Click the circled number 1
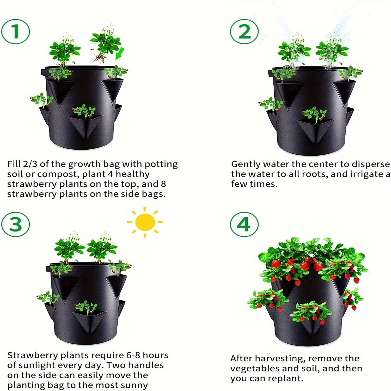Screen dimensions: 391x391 coord(16,32)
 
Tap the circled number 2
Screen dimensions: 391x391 coord(244,32)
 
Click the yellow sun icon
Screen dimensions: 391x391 coord(145,222)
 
